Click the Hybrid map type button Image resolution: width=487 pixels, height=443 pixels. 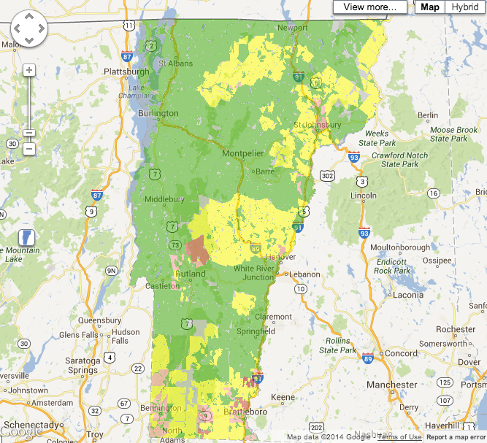465,7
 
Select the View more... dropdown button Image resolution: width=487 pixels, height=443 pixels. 370,7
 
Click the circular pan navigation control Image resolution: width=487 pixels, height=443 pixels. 28,29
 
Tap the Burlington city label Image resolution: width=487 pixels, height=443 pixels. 158,114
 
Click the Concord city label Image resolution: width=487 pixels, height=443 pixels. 402,354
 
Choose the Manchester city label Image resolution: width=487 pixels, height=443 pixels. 392,385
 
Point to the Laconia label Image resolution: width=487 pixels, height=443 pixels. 407,296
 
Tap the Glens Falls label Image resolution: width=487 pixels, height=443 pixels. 80,334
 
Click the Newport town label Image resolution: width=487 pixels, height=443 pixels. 293,28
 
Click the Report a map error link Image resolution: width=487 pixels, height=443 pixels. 456,437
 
